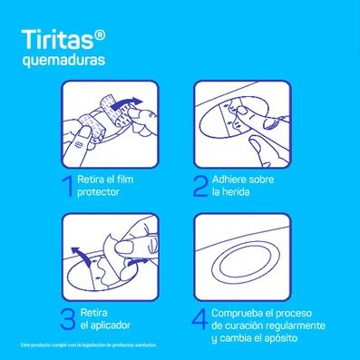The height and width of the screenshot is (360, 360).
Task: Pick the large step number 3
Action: pos(66,319)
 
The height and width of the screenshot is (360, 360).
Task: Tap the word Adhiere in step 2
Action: pos(232,180)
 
